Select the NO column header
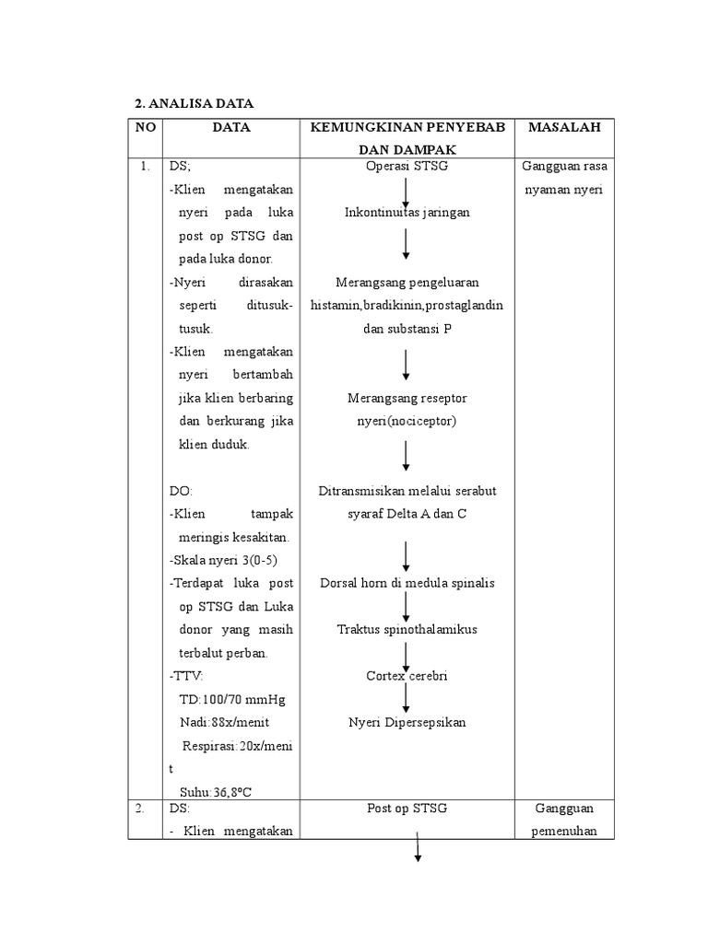(145, 128)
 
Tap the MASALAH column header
(564, 128)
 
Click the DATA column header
(231, 128)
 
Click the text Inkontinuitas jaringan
(407, 213)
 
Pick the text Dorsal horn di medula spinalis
(407, 583)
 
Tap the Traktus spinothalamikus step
(407, 629)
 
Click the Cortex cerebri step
(407, 675)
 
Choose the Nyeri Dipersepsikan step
(407, 722)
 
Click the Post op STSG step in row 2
(407, 809)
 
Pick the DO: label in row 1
(181, 491)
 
